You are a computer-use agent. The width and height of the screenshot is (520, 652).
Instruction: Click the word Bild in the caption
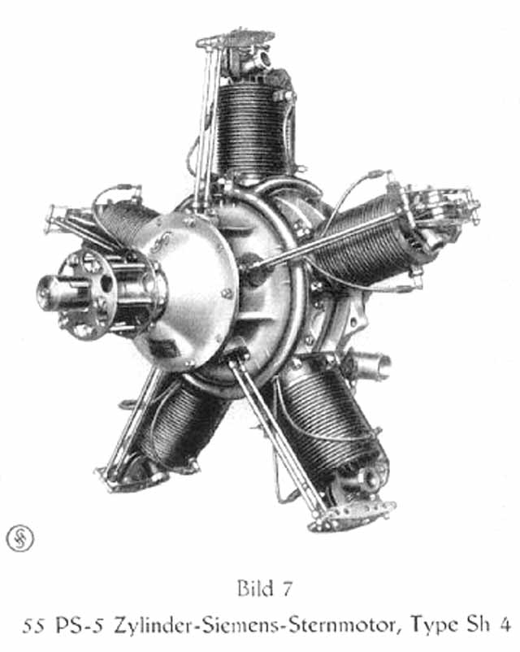(254, 589)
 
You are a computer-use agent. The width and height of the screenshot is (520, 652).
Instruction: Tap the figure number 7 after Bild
(287, 589)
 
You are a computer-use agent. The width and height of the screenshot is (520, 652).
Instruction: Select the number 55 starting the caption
(32, 627)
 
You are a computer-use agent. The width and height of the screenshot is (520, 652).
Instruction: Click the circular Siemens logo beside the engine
(20, 538)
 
